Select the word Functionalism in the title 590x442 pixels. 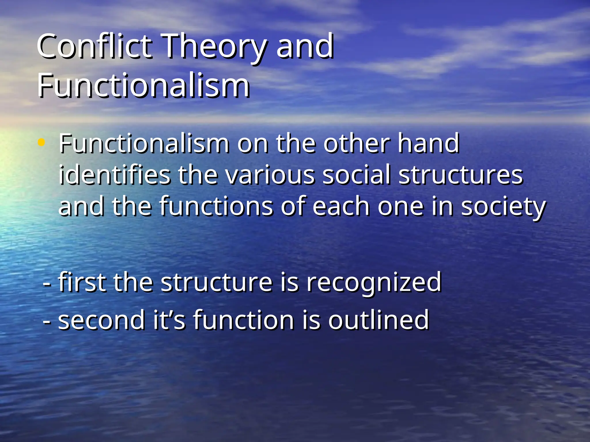[143, 85]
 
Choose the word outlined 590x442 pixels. [379, 320]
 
